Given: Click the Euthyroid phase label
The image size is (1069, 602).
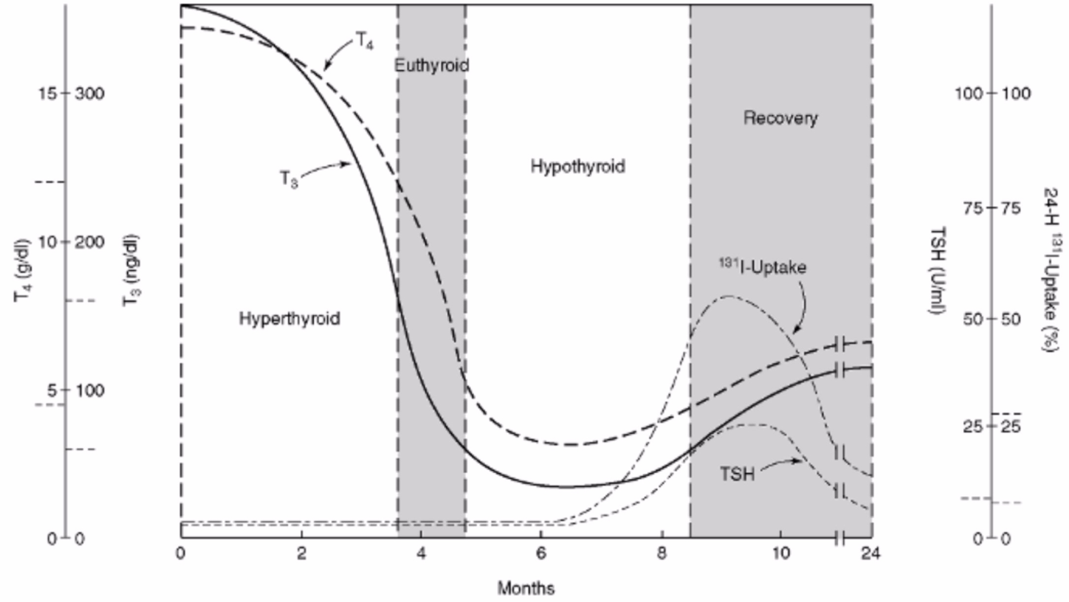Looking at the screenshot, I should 431,65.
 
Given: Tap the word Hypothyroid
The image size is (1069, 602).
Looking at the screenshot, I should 578,167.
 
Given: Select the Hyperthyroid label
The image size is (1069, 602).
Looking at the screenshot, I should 289,319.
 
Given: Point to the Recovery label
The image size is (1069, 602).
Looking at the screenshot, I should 780,119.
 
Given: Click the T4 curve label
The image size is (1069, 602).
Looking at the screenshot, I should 364,43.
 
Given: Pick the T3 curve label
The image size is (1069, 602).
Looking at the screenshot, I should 289,179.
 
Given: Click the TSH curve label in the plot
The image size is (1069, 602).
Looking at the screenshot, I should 737,474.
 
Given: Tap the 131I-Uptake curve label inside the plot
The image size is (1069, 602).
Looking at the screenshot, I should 763,268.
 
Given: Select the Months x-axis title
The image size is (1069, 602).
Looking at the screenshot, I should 526,588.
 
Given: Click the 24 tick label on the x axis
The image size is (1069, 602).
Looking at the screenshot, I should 871,554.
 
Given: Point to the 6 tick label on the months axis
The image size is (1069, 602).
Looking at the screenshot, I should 541,554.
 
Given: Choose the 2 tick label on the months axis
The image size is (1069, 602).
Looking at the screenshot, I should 301,554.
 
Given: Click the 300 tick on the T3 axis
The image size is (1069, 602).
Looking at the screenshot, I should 90,93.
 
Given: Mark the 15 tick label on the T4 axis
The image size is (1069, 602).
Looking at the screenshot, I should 47,93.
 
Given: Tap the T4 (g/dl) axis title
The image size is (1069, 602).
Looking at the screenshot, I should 22,271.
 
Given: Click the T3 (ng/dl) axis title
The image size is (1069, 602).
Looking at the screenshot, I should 131,271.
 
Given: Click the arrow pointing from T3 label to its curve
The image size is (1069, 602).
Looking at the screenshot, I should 324,167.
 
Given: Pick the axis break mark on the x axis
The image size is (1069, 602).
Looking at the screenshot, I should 840,539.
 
